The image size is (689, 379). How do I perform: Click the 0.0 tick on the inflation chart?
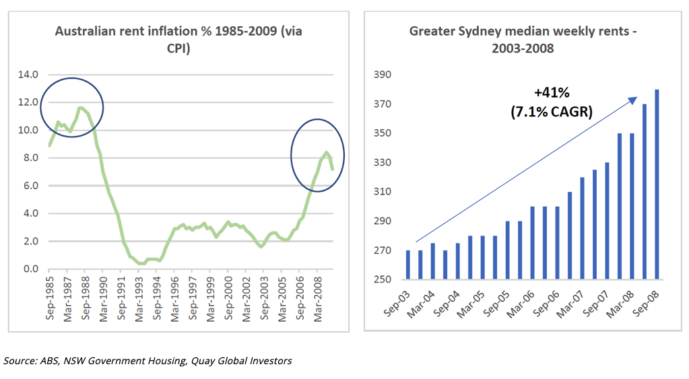click(30, 269)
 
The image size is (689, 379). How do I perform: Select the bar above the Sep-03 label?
click(408, 265)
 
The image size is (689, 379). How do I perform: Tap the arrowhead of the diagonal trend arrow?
click(634, 100)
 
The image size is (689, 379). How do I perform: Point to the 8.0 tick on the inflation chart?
click(30, 158)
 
